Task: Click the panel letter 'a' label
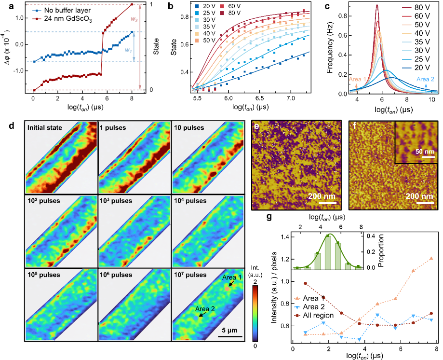pos(5,6)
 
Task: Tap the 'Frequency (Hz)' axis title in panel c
pos(329,48)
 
